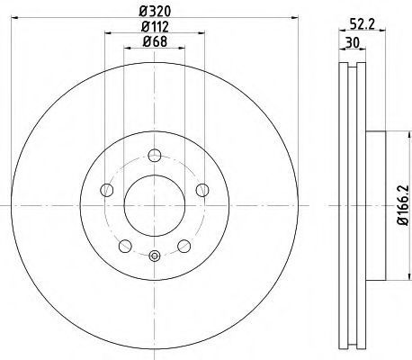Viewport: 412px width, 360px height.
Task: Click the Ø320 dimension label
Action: pyautogui.click(x=155, y=12)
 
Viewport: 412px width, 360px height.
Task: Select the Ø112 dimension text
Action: pyautogui.click(x=155, y=27)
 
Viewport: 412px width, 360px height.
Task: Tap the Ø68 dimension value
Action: pyautogui.click(x=155, y=41)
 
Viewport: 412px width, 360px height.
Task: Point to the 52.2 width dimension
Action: pyautogui.click(x=363, y=24)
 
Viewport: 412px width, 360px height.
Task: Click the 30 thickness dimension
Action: pyautogui.click(x=353, y=43)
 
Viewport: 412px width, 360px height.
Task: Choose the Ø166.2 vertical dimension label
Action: pyautogui.click(x=403, y=205)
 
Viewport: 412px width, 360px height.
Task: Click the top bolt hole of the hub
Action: pyautogui.click(x=155, y=155)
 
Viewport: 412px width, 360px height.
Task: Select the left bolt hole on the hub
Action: pyautogui.click(x=107, y=190)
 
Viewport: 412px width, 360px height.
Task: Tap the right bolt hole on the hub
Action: pyautogui.click(x=202, y=190)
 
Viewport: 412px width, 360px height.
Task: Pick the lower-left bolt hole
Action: pyautogui.click(x=125, y=247)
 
